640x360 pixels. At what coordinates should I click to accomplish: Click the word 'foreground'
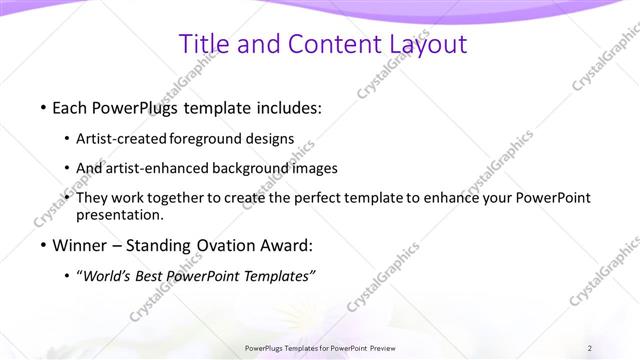[x=210, y=139]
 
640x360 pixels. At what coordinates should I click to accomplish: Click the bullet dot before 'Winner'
[x=43, y=245]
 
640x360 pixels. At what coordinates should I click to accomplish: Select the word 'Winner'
[x=83, y=245]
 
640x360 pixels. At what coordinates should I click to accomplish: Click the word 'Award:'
[x=285, y=245]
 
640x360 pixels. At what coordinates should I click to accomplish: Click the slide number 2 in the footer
[x=590, y=348]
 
